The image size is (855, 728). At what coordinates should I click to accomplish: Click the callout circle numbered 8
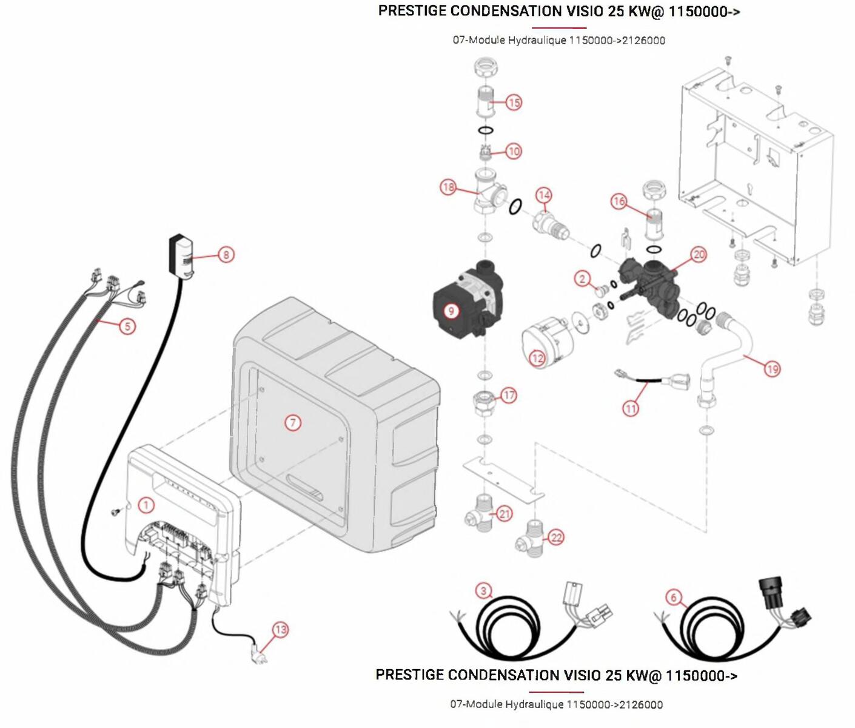point(226,255)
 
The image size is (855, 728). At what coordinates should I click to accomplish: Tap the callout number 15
point(514,102)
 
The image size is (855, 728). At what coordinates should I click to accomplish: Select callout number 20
point(699,254)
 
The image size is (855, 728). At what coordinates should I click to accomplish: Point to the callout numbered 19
point(772,368)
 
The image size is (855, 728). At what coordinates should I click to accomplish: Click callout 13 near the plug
point(281,630)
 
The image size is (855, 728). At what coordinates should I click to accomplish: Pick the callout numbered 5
point(127,326)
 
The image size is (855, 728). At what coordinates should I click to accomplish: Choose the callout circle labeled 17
point(509,396)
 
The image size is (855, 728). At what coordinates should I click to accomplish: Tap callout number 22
point(556,537)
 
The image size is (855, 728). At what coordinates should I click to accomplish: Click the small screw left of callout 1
point(114,513)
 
